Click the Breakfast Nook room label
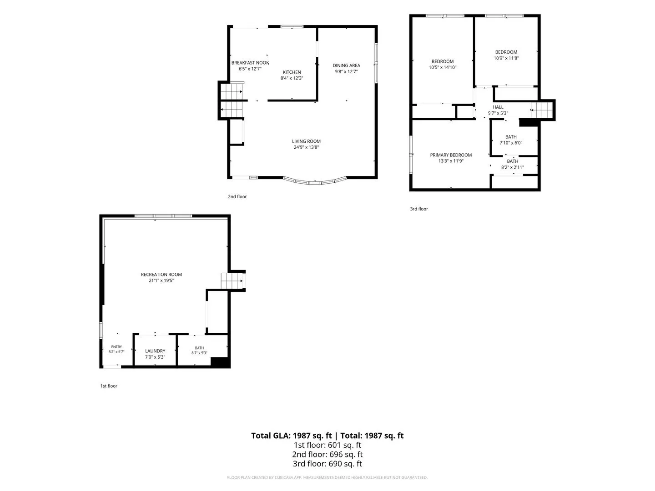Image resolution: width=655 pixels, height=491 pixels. [250, 63]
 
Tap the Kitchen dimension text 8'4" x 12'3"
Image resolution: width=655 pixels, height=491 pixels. [292, 78]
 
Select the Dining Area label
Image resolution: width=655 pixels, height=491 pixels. [346, 65]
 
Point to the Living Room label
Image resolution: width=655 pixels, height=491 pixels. [306, 141]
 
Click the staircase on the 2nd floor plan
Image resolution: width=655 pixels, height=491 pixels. [231, 100]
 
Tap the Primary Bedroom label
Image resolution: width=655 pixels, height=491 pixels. [451, 155]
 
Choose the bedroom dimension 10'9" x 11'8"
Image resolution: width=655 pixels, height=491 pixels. [506, 58]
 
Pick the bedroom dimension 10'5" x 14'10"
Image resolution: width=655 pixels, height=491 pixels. [443, 67]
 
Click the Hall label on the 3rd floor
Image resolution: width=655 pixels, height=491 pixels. [498, 107]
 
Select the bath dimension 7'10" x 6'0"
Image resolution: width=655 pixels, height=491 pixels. [511, 143]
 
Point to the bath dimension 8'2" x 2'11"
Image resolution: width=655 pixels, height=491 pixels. [512, 167]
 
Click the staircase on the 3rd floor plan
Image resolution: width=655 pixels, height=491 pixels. [542, 110]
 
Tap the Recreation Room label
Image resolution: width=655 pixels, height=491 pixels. [161, 274]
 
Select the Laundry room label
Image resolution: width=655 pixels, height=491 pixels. [155, 351]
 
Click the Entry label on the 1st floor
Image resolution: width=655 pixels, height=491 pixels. [116, 347]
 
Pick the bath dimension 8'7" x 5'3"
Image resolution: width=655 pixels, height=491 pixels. [199, 353]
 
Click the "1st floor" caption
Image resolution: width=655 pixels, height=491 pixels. [109, 386]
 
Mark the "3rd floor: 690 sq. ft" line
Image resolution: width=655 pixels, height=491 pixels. [327, 464]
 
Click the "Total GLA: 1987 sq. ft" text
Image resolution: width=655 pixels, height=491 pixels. [291, 436]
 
